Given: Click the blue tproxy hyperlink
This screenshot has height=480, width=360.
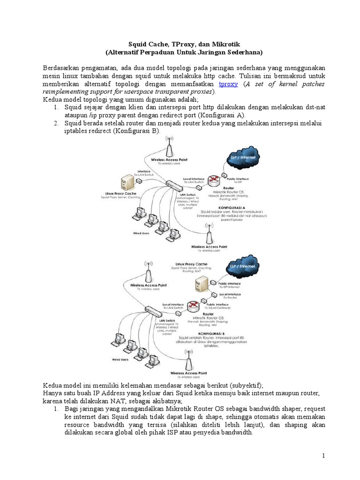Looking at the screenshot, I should click(228, 84).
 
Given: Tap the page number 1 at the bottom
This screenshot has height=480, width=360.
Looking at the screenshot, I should click(323, 456).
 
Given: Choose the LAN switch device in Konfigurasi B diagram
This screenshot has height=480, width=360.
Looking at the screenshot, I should click(152, 310).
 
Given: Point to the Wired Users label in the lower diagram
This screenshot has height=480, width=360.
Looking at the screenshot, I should click(120, 360).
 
